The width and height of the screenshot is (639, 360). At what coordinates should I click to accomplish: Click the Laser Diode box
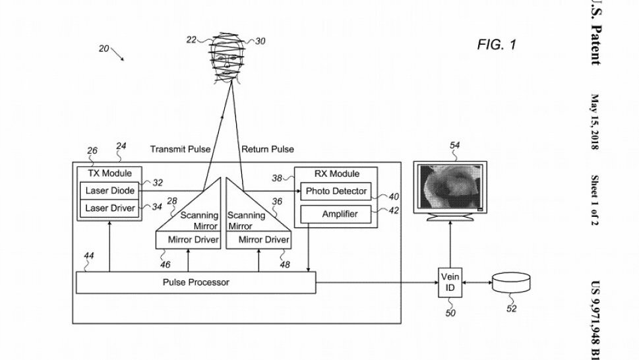tap(109, 191)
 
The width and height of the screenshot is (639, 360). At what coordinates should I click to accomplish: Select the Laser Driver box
tap(109, 208)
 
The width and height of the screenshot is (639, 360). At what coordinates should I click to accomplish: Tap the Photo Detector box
tap(336, 191)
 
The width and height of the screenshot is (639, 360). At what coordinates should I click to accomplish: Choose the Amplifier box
tap(336, 214)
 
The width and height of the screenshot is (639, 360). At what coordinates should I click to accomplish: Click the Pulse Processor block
tap(196, 282)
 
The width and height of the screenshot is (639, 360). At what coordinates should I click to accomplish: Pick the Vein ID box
tap(450, 282)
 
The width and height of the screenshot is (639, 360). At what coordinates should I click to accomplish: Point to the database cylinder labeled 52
tap(512, 283)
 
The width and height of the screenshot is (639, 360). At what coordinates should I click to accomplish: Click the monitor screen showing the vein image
tap(450, 187)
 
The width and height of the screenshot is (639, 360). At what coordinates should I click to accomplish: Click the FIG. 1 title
tap(497, 44)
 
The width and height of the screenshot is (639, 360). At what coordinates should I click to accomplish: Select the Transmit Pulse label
tap(180, 149)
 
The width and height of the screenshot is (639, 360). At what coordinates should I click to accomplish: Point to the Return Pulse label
tap(267, 149)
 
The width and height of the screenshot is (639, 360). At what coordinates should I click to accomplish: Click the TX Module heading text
tap(109, 173)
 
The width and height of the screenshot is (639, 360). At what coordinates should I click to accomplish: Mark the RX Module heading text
tap(336, 173)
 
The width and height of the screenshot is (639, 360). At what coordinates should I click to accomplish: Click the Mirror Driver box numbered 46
tap(189, 240)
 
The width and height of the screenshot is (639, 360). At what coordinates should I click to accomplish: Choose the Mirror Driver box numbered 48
tap(259, 240)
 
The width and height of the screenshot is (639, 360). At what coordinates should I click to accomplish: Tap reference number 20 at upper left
tap(104, 49)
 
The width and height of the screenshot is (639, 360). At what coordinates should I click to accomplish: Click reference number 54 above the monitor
tap(455, 145)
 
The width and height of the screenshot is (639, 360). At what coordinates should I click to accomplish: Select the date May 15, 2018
tap(595, 122)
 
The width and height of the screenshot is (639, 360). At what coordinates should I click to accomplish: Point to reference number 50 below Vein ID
tap(450, 313)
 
